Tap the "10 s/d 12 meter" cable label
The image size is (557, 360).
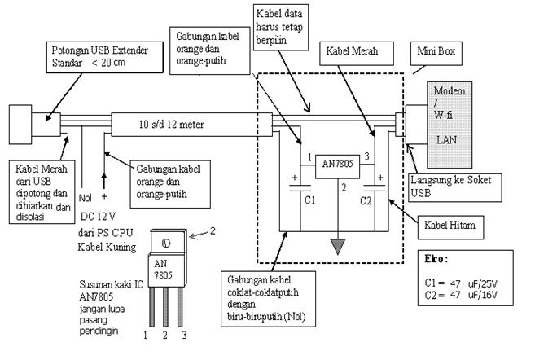pyautogui.click(x=170, y=125)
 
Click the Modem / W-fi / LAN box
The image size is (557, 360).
pyautogui.click(x=451, y=115)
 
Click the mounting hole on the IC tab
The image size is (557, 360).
pyautogui.click(x=164, y=242)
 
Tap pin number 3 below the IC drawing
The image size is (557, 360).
pyautogui.click(x=183, y=335)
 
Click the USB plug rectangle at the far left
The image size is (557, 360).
pyautogui.click(x=25, y=125)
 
